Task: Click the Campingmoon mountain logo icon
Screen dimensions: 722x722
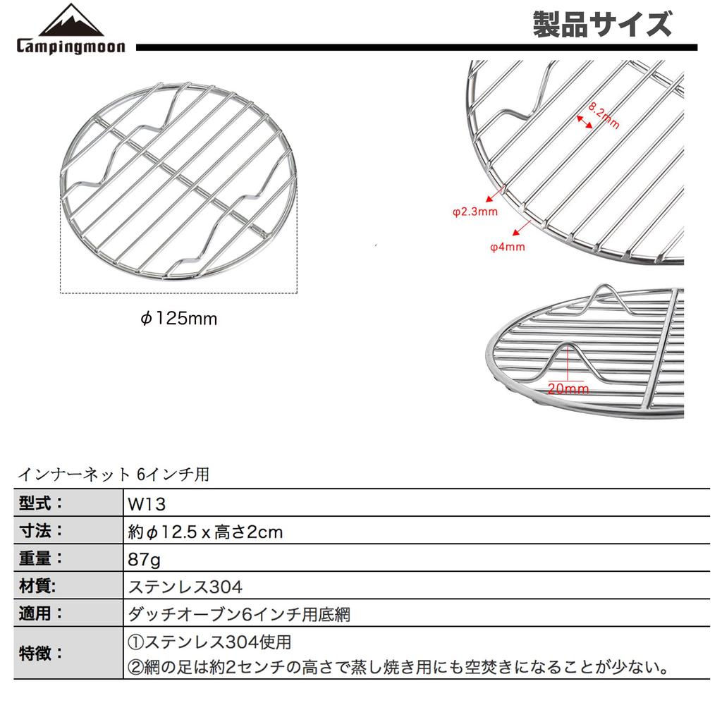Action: [71, 20]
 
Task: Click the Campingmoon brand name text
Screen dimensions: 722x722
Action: [71, 47]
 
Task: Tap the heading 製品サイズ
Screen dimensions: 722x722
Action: [602, 25]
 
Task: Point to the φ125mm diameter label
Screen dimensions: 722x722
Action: [178, 318]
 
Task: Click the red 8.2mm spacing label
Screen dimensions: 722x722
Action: [604, 115]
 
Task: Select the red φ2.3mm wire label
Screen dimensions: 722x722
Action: [475, 212]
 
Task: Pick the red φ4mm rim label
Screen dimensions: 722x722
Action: [508, 247]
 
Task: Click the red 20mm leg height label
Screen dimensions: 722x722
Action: [568, 388]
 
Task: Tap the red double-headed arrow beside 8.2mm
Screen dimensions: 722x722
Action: [585, 122]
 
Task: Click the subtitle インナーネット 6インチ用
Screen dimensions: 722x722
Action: [114, 474]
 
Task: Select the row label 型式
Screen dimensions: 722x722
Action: [40, 503]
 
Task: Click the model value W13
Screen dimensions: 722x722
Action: [147, 504]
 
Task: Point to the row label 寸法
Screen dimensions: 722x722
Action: [40, 530]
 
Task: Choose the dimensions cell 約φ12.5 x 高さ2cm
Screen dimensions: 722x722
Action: [205, 532]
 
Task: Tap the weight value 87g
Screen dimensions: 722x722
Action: [144, 559]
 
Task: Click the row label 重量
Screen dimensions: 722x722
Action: [40, 558]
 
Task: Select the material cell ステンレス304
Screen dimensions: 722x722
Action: [185, 587]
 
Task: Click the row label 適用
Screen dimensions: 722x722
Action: [40, 613]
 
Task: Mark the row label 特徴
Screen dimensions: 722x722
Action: [40, 653]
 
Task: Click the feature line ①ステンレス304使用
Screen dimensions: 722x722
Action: [209, 642]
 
